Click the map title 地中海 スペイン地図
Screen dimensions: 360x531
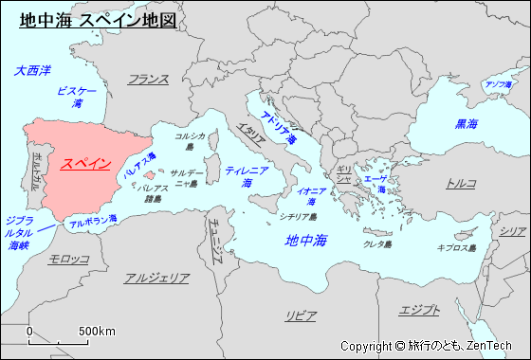(x=98, y=19)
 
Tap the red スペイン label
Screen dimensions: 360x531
(x=85, y=163)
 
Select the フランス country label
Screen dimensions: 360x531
(x=148, y=80)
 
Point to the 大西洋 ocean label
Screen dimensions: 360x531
(x=33, y=70)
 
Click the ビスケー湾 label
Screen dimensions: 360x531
(x=77, y=96)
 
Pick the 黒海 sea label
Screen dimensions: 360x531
(x=467, y=123)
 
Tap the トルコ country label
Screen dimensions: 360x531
(x=462, y=183)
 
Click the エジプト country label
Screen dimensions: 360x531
(x=420, y=310)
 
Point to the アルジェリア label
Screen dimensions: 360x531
(x=156, y=279)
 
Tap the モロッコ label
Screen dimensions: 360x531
(x=69, y=259)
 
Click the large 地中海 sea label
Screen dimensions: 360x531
(x=306, y=241)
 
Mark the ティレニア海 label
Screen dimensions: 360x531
(x=247, y=175)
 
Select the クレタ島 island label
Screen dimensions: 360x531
(x=378, y=244)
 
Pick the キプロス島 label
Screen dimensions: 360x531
(x=455, y=247)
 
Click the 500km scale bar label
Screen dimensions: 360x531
(x=97, y=331)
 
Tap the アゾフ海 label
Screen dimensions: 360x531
(x=499, y=84)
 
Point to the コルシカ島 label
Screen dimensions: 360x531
(x=190, y=141)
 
